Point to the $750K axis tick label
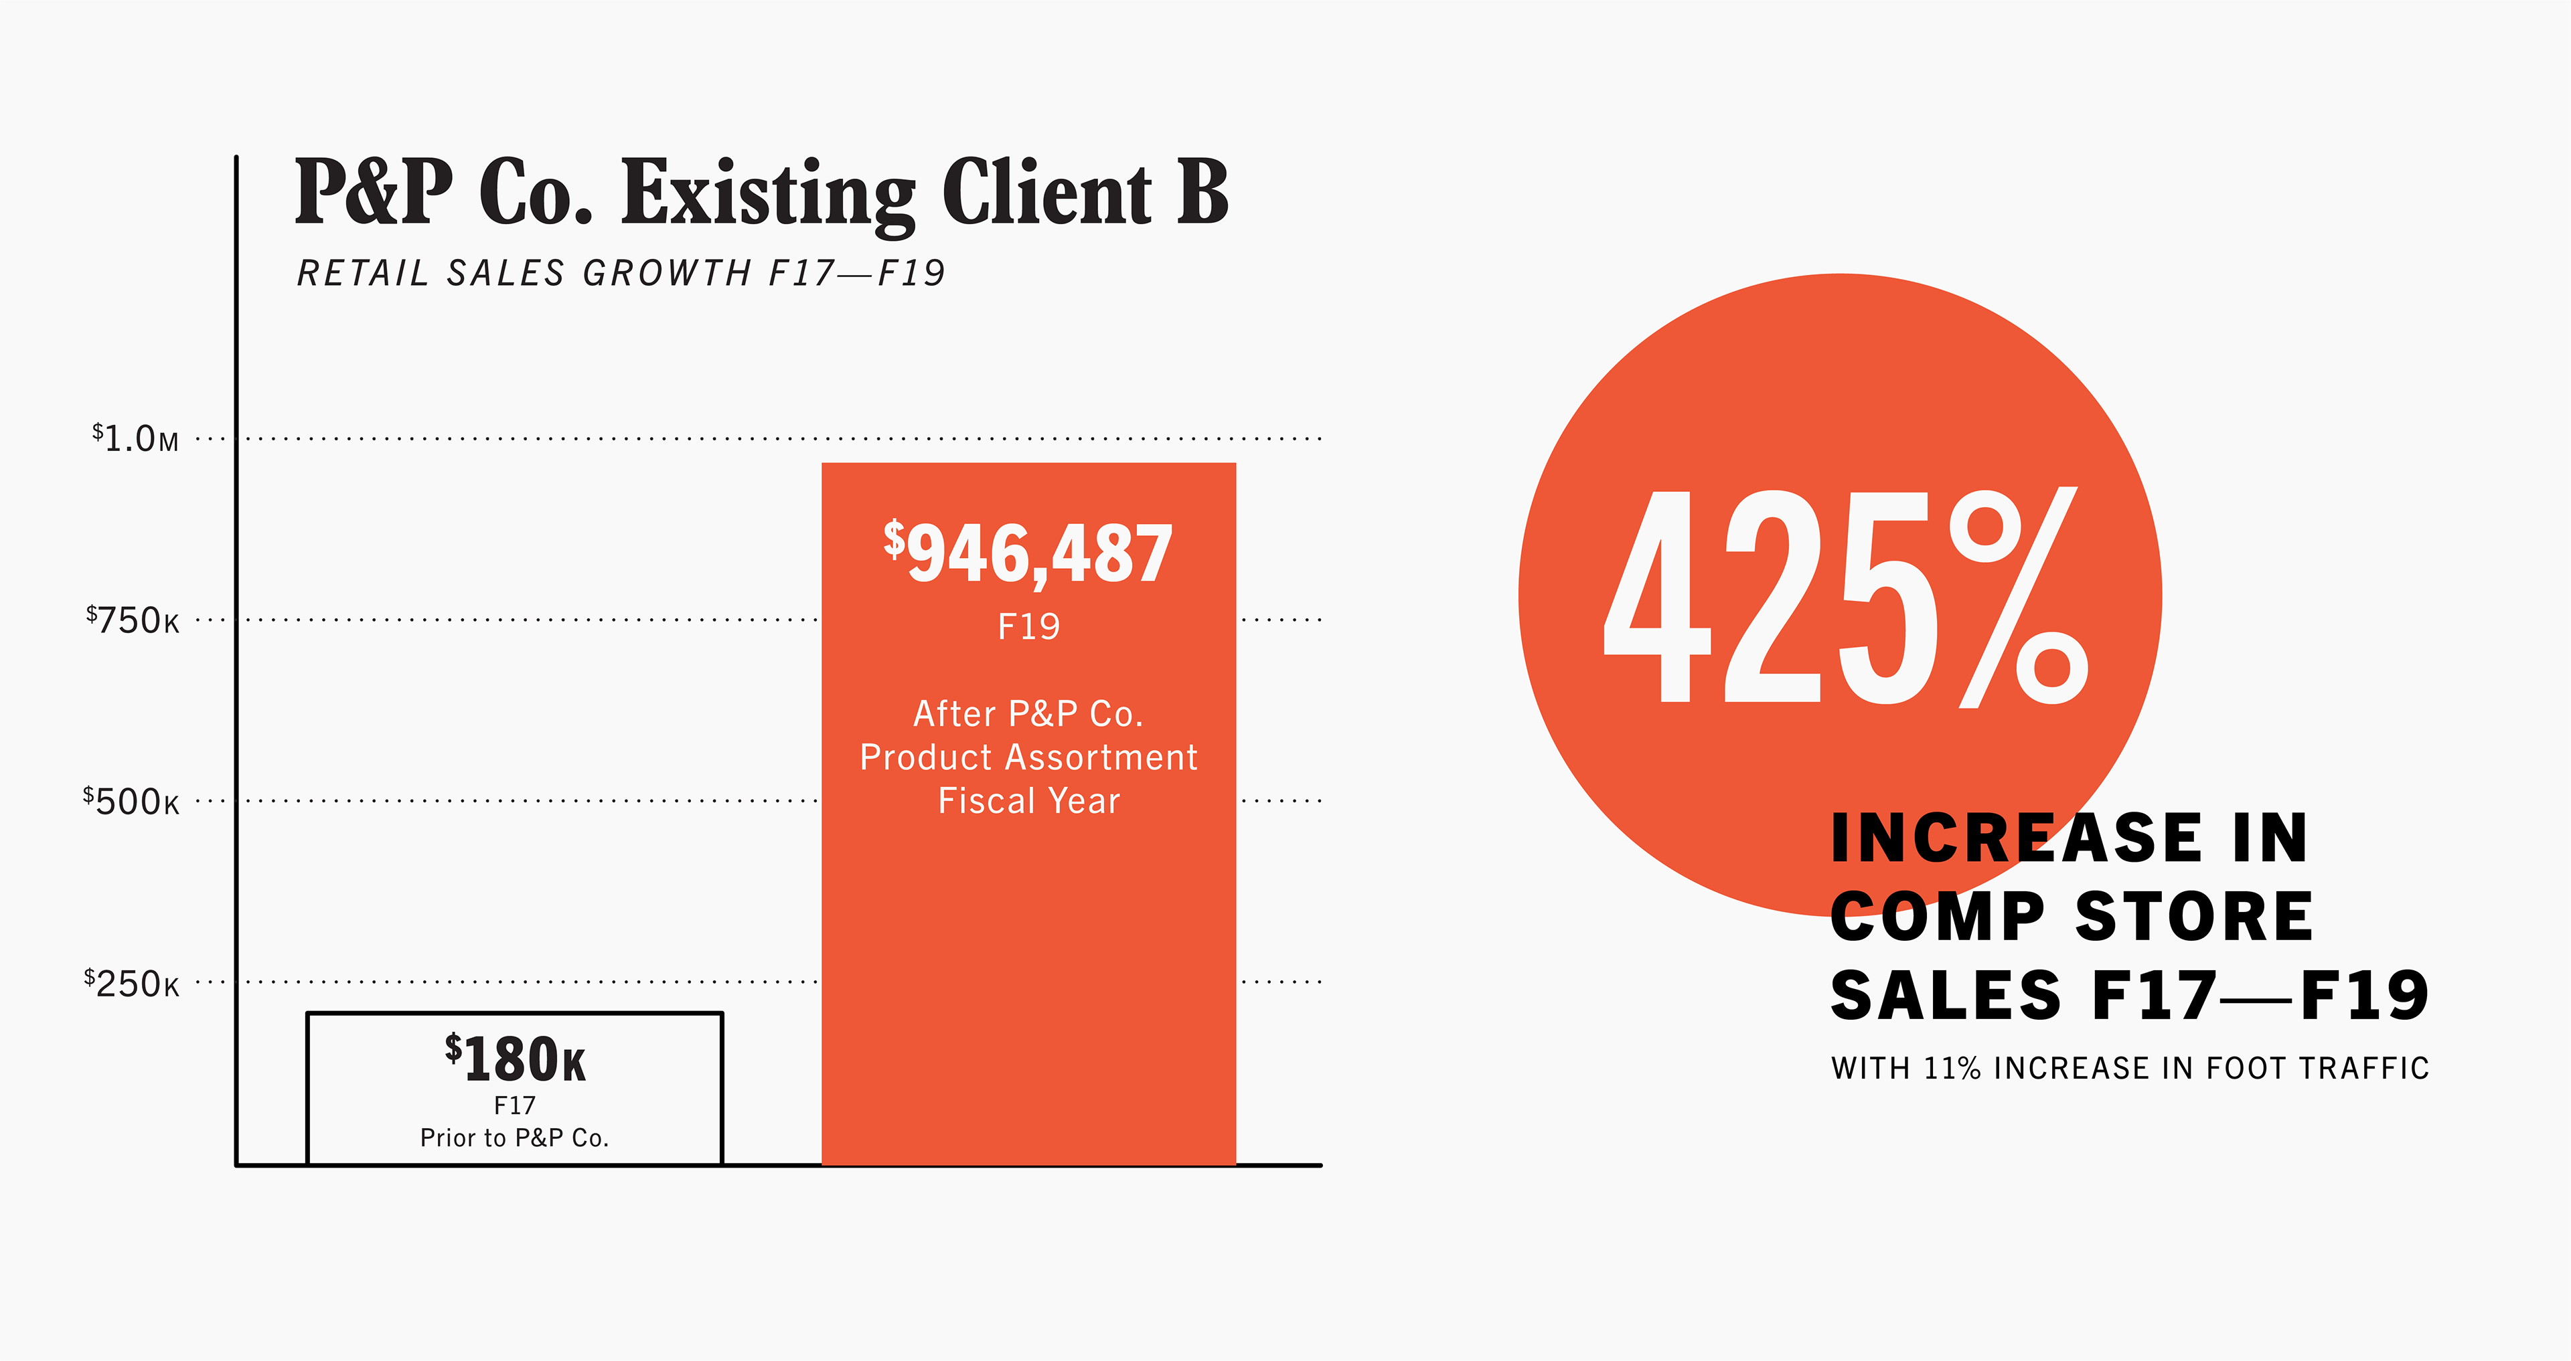[133, 621]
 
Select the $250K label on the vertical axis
[132, 984]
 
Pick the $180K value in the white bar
[515, 1059]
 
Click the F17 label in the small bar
[515, 1105]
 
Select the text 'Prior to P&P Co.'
[515, 1138]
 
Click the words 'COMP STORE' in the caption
[2072, 917]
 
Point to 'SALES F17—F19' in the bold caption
[2130, 996]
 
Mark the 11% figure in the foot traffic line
[1952, 1069]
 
